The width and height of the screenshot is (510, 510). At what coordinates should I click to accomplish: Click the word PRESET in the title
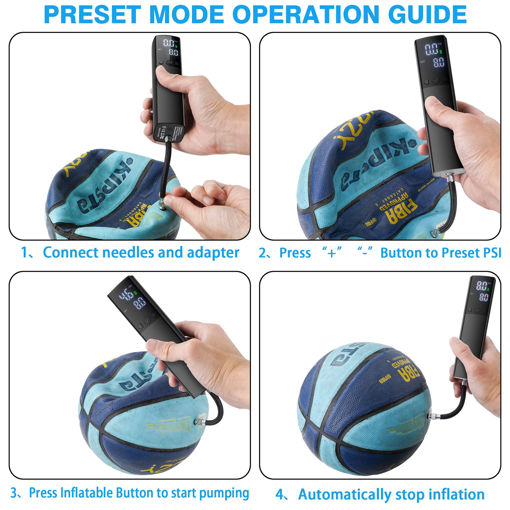click(92, 14)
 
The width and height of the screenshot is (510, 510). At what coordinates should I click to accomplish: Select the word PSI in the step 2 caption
click(492, 253)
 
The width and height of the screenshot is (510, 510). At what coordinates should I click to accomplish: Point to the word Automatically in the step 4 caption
click(345, 495)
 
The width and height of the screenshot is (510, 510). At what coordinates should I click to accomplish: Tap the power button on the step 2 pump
click(435, 81)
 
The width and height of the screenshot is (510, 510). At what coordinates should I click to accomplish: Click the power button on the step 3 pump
click(147, 320)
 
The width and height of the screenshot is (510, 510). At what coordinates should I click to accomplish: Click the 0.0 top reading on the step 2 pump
click(432, 49)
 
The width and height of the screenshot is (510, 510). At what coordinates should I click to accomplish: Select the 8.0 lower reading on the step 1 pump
click(173, 52)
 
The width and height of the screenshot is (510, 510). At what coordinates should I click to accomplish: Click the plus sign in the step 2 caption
click(331, 253)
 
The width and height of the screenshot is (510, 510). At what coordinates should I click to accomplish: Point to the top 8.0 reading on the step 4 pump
click(481, 286)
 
